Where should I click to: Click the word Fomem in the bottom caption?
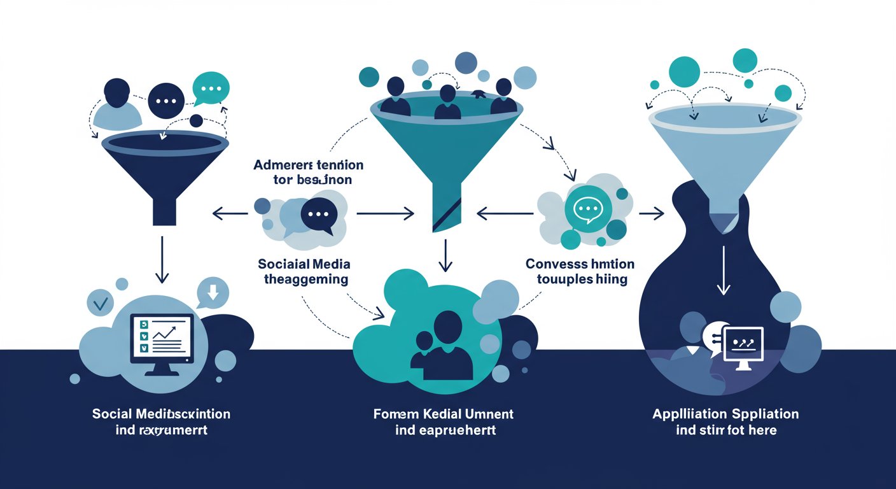pos(393,414)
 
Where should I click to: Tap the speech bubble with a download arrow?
pos(213,294)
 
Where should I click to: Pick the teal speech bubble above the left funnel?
pos(210,89)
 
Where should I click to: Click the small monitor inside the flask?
pos(743,348)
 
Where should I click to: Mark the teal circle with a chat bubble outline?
pos(587,207)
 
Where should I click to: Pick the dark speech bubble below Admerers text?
pos(318,215)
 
